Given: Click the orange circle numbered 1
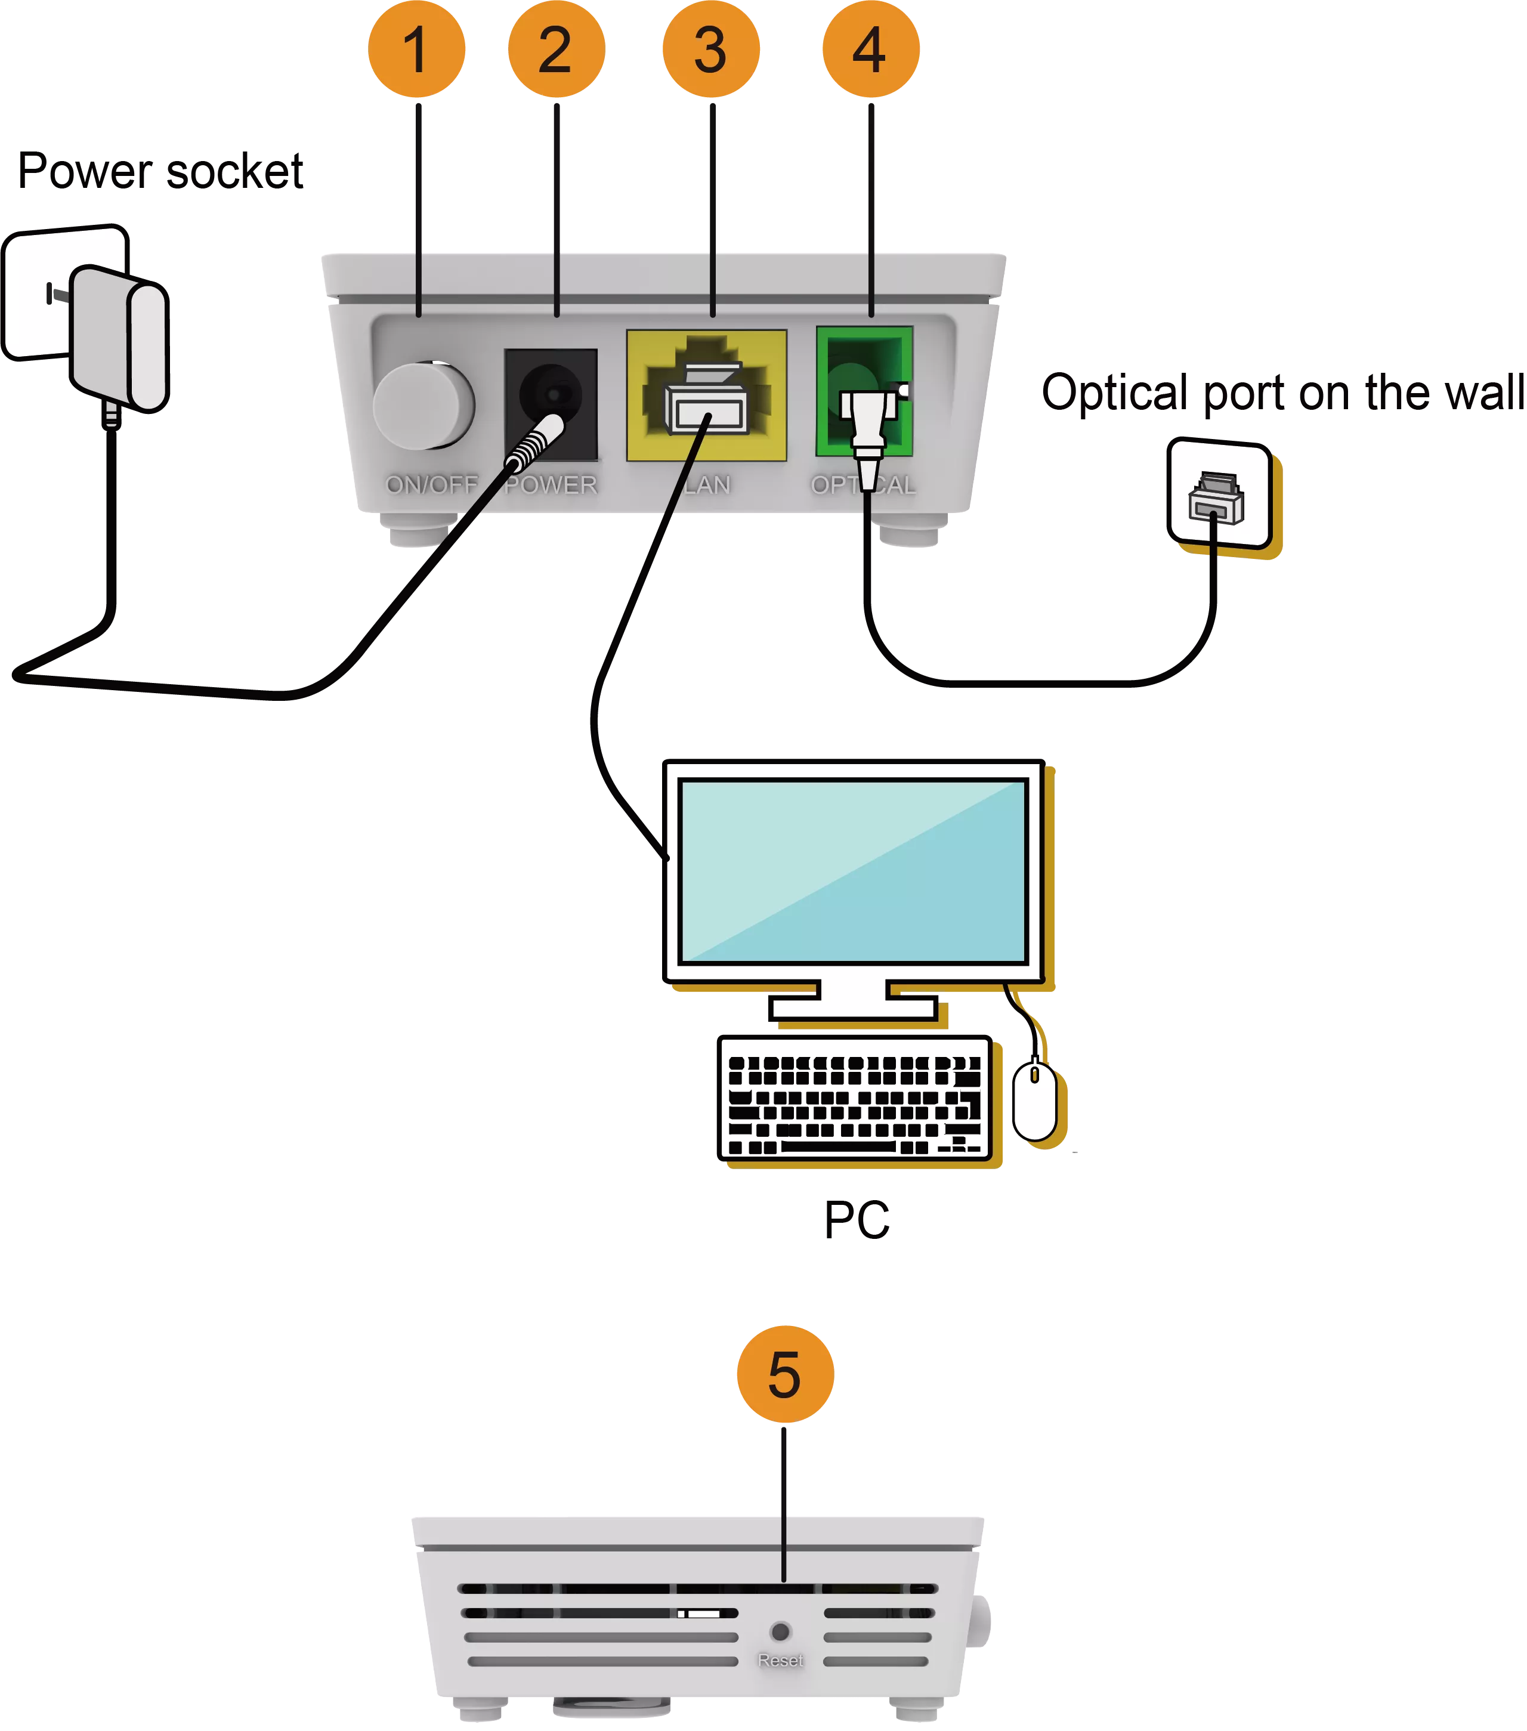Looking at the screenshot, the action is click(x=417, y=49).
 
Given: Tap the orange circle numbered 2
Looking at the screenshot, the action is click(x=557, y=49).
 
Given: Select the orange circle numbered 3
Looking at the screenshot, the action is click(x=712, y=49).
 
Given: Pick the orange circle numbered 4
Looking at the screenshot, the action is click(x=871, y=49).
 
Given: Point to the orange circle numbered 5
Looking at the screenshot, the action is click(x=785, y=1374).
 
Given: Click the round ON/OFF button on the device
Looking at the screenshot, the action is click(x=424, y=406).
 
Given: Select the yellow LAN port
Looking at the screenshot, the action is click(x=706, y=395).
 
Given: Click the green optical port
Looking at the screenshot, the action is click(x=864, y=391).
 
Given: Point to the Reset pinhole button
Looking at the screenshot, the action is click(x=781, y=1630).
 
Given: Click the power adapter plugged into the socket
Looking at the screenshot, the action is click(x=119, y=339).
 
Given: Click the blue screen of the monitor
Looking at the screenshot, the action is click(x=854, y=871).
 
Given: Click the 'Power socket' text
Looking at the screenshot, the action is click(x=160, y=171).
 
